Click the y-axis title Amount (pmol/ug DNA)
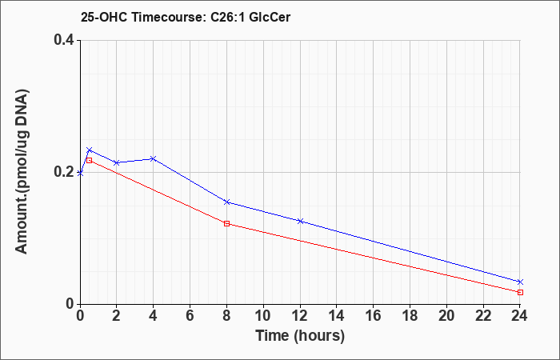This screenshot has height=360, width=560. coord(22,172)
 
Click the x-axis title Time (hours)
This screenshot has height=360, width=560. coord(300,336)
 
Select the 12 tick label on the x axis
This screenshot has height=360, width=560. coord(300,316)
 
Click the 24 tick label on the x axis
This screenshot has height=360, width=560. coord(520,316)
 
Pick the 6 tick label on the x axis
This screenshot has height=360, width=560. coord(190,316)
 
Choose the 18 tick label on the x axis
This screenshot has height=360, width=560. coord(410,316)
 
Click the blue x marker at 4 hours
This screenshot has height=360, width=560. coord(154,158)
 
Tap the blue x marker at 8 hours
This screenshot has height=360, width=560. coord(226,202)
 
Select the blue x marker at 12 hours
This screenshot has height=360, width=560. coord(300,221)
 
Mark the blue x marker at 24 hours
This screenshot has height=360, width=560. coord(520,282)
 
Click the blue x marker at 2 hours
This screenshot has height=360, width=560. coord(117,162)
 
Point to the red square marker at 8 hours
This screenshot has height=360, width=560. coord(226,223)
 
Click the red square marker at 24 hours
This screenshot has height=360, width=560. coord(520,292)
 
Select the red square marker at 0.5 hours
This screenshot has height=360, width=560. coord(90,160)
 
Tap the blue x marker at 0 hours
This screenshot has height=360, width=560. coord(80,174)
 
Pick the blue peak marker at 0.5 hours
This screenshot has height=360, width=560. coord(90,150)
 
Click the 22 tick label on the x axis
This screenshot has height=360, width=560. coord(483,316)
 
